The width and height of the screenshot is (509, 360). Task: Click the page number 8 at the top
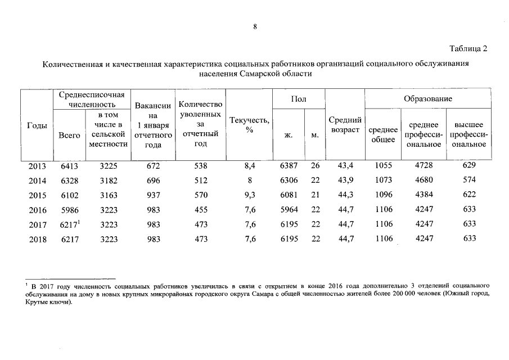(x=255, y=26)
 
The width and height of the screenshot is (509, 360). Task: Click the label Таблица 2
(x=469, y=48)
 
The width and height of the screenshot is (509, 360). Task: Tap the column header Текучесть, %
(x=249, y=125)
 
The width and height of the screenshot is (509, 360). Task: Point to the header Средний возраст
(x=344, y=125)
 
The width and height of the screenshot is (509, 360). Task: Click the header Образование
(x=427, y=99)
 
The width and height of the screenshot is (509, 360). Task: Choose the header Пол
(x=299, y=99)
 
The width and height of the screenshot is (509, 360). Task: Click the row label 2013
(x=38, y=165)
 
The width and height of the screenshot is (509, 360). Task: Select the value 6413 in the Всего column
(x=69, y=165)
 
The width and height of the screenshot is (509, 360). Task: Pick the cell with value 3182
(x=109, y=181)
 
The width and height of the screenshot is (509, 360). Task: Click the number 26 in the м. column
(x=315, y=165)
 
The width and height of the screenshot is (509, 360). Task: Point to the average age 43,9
(x=344, y=181)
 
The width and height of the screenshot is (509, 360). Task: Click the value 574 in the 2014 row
(x=469, y=181)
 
